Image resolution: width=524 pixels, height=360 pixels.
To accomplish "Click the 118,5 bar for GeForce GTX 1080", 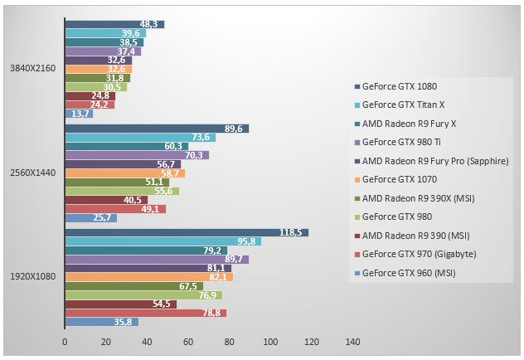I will coord(187,232).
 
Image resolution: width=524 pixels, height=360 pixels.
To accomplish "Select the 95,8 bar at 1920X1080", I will coord(163,241).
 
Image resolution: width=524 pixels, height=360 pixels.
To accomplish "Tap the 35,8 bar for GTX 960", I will coord(101,322).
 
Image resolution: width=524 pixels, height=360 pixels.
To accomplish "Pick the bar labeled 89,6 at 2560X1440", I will coord(157,129).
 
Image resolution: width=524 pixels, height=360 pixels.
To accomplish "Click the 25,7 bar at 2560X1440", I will coord(90,217).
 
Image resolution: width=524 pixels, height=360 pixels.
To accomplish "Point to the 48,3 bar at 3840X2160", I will coord(114,25).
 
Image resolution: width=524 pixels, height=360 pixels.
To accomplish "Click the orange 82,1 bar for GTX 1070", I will coord(148,277).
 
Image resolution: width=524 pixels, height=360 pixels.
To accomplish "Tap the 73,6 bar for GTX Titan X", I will coord(140,137).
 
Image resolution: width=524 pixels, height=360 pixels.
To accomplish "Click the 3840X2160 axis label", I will coord(33,69).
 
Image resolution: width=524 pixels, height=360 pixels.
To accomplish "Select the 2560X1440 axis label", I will coord(33,173).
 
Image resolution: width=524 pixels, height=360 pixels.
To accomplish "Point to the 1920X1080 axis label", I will coord(33,277).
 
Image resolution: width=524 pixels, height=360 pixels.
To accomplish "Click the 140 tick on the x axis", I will coord(352,341).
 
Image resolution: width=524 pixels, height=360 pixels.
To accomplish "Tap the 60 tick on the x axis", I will coord(188,341).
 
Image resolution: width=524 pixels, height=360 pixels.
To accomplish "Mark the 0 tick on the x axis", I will coord(65,341).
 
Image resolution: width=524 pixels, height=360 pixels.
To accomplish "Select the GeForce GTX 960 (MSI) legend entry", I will coord(410,272).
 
